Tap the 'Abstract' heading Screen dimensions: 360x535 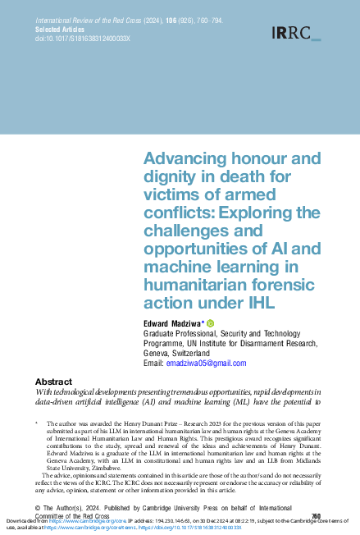click(x=57, y=382)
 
